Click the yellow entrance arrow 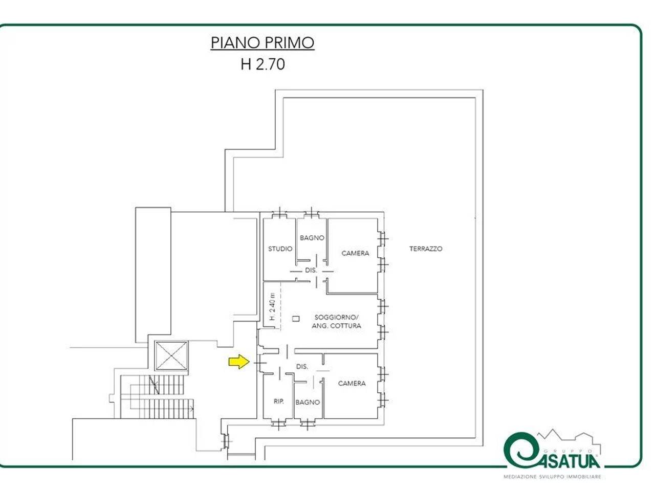click(239, 362)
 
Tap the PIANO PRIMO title click(263, 43)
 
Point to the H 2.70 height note click(263, 64)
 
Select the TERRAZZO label click(426, 249)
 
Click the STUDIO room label click(280, 249)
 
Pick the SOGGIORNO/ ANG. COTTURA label click(336, 322)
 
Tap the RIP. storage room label click(279, 401)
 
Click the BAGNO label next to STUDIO click(312, 238)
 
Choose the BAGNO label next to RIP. click(308, 402)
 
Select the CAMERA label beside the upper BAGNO click(355, 253)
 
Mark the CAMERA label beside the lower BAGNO click(352, 383)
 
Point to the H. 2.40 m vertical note click(272, 307)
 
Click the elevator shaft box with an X click(171, 355)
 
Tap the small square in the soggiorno click(295, 319)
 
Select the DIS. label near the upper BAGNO click(311, 270)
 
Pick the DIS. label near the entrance click(302, 366)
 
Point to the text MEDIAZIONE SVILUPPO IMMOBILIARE click(552, 477)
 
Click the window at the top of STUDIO click(279, 214)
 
